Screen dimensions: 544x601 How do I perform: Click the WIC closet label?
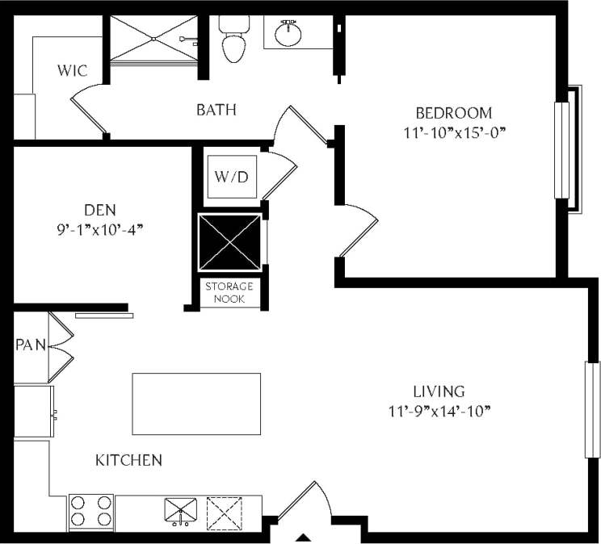click(x=72, y=71)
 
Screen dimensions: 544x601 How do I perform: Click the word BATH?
click(x=216, y=109)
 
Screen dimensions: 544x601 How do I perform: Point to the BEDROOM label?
click(x=453, y=113)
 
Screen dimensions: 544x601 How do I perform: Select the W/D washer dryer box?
click(x=232, y=177)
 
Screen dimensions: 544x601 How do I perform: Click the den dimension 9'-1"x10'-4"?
click(x=100, y=229)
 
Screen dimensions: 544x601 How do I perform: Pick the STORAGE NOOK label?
click(x=229, y=292)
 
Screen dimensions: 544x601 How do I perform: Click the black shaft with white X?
click(x=230, y=243)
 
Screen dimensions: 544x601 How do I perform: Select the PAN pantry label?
click(x=31, y=345)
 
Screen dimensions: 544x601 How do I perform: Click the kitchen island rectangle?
click(x=196, y=404)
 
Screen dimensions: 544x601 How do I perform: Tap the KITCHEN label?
click(x=129, y=461)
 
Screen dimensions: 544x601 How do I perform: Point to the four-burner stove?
click(x=90, y=511)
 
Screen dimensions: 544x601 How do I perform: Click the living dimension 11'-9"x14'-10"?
click(x=439, y=412)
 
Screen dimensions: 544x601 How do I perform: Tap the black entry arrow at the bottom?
click(x=305, y=538)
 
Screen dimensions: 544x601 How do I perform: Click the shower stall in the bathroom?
click(x=153, y=39)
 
